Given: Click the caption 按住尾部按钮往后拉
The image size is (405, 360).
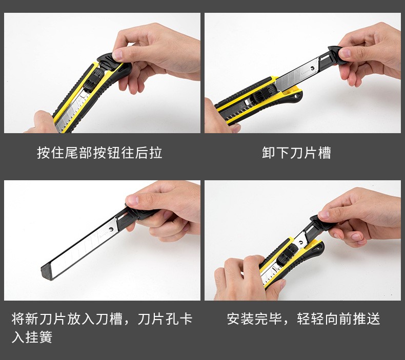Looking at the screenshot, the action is (99, 153).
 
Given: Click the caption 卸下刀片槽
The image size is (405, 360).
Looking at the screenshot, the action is (296, 153).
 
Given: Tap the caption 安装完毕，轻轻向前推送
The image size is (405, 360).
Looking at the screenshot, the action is (303, 319).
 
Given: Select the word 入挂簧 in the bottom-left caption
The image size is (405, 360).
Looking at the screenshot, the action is (32, 337).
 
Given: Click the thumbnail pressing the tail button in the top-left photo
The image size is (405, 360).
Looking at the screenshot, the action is (117, 54).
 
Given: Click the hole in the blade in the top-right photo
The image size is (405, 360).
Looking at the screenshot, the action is (313, 68).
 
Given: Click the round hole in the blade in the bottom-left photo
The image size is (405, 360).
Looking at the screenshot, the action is (111, 229).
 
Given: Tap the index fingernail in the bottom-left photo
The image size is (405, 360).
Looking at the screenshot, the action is (131, 200).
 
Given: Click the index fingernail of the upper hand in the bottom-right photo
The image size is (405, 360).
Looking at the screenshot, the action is (322, 215).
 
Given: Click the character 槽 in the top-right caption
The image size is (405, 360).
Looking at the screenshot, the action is (325, 153).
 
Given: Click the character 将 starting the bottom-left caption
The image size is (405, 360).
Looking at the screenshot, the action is (18, 319).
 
